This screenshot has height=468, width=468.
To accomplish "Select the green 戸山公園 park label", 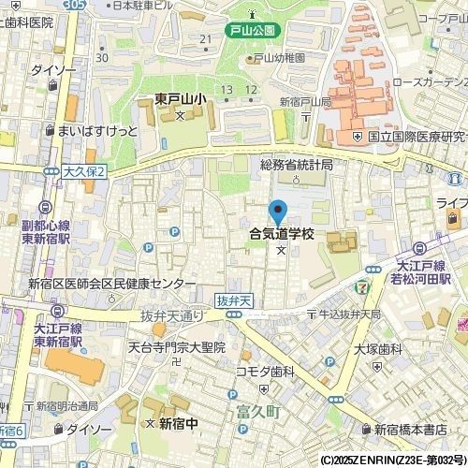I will [253, 31].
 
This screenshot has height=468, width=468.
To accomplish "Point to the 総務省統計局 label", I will [296, 165].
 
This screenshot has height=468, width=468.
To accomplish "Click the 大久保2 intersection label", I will [85, 171].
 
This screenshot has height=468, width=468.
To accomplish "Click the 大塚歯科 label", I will [377, 349].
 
